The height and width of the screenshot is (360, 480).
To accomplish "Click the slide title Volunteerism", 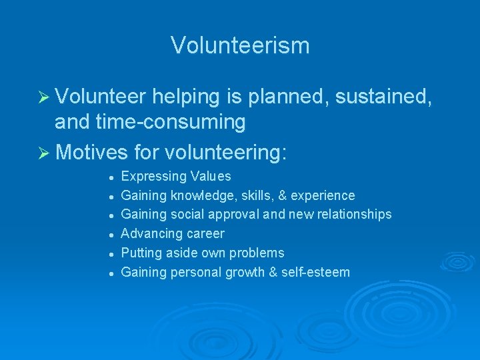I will coord(240,45).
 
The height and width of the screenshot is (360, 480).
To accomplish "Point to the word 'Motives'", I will coord(91,152).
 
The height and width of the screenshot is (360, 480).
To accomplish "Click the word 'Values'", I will coord(211,177).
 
